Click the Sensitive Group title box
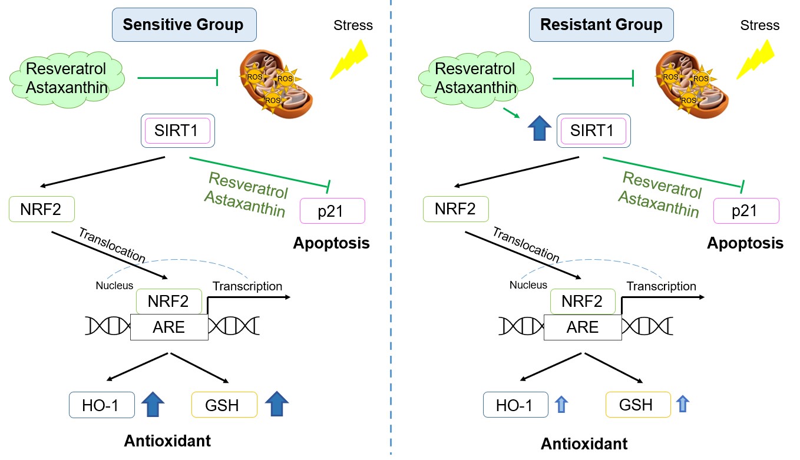click(183, 25)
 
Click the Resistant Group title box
click(601, 25)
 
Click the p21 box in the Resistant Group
click(746, 211)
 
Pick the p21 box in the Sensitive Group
click(332, 211)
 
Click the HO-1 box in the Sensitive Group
click(103, 405)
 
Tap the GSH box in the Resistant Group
click(638, 405)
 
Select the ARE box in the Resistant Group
click(582, 327)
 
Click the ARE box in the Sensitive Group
click(169, 327)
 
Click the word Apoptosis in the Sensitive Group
click(332, 243)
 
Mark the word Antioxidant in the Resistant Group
click(584, 444)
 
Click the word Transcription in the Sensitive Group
click(247, 286)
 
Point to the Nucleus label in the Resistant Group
click(528, 285)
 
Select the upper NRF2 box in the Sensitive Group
click(42, 209)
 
